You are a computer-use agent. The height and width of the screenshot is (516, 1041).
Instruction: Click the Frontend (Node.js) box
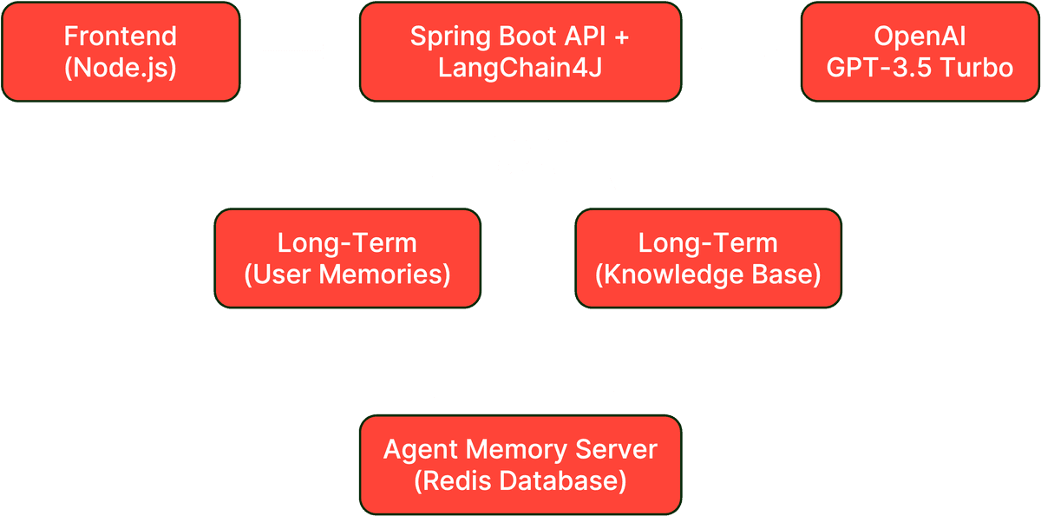pos(120,51)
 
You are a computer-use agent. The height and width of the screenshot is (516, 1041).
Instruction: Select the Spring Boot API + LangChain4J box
pos(520,51)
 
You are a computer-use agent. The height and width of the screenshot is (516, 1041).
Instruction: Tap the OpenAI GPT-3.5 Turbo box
pos(920,51)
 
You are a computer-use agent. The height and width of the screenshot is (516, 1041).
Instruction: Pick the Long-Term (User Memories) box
pos(347,258)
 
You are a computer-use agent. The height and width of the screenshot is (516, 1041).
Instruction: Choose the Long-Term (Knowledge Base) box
pos(708,258)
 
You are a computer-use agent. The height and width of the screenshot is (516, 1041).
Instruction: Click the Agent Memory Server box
pos(520,464)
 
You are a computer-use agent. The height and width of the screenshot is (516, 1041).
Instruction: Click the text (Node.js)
pos(120,67)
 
